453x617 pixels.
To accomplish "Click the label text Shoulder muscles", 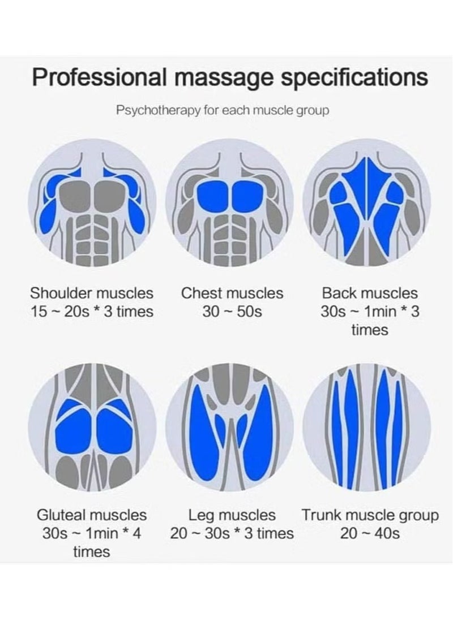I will tap(92, 294).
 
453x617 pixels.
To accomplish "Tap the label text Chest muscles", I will tap(232, 294).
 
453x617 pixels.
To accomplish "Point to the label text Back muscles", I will tap(370, 294).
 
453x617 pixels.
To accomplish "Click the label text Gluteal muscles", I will tap(92, 515).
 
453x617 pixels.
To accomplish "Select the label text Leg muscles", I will tap(232, 515).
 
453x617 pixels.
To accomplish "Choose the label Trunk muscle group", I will tap(370, 515).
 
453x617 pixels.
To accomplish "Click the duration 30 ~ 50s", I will tap(232, 312).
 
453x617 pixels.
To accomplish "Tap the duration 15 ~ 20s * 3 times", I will tap(92, 312).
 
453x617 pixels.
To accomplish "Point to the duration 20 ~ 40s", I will tap(370, 533).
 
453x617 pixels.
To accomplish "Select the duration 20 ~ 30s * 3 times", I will tap(232, 533).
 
